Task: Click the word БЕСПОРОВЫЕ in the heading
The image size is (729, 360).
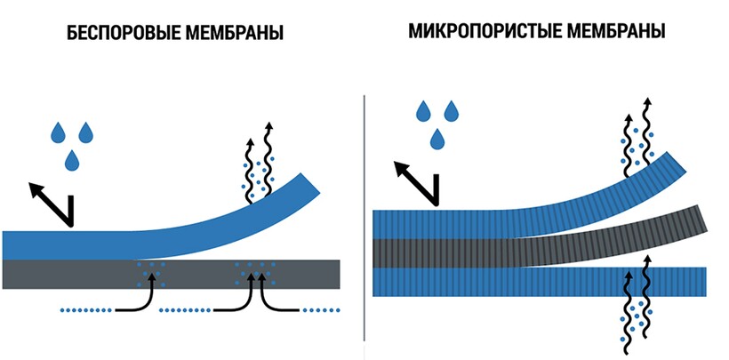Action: coord(116,35)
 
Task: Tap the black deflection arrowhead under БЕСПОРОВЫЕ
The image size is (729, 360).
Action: coord(36,188)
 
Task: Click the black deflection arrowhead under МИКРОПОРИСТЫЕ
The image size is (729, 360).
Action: coord(402,168)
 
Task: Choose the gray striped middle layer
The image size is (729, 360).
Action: coord(533,250)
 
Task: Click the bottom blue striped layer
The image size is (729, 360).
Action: coord(533,281)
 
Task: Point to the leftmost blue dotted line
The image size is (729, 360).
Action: coord(86,310)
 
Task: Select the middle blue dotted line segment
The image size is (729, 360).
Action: coord(187,310)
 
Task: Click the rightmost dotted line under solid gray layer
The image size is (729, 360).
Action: coord(322,310)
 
